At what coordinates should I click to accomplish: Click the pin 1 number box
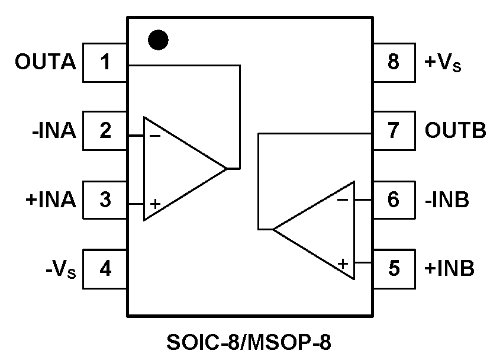click(x=105, y=62)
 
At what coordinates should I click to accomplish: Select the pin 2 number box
click(x=105, y=131)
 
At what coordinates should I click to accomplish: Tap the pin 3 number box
click(x=105, y=200)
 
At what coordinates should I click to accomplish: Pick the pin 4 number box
click(x=105, y=269)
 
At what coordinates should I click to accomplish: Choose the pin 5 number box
click(x=394, y=269)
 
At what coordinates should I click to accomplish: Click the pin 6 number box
click(x=394, y=200)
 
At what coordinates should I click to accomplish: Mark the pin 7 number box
click(x=394, y=131)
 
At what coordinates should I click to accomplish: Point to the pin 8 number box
click(x=394, y=62)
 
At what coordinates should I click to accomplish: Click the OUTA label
click(x=46, y=62)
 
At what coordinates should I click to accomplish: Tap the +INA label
click(x=51, y=200)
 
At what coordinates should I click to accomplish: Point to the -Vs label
click(x=60, y=270)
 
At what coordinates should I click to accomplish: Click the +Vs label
click(x=443, y=63)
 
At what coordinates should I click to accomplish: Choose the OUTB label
click(x=455, y=131)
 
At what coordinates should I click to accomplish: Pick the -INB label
click(x=447, y=200)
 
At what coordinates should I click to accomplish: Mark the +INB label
click(x=449, y=269)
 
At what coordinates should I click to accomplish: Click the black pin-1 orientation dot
click(x=158, y=40)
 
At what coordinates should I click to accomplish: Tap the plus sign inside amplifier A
click(x=155, y=204)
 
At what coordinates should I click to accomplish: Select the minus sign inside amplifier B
click(x=342, y=200)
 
